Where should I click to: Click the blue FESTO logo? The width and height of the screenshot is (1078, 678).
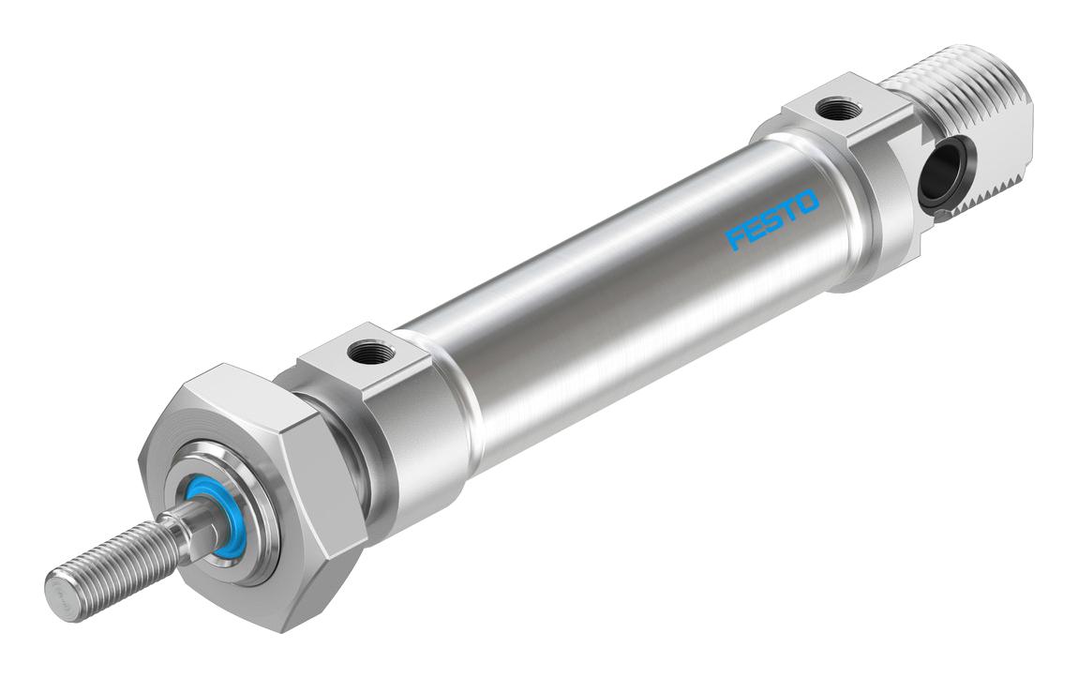(x=773, y=219)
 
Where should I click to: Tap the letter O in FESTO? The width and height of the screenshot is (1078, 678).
(x=807, y=203)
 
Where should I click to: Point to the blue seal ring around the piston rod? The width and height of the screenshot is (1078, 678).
(x=210, y=521)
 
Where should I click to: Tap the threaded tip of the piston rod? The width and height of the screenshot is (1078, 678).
(x=110, y=568)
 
